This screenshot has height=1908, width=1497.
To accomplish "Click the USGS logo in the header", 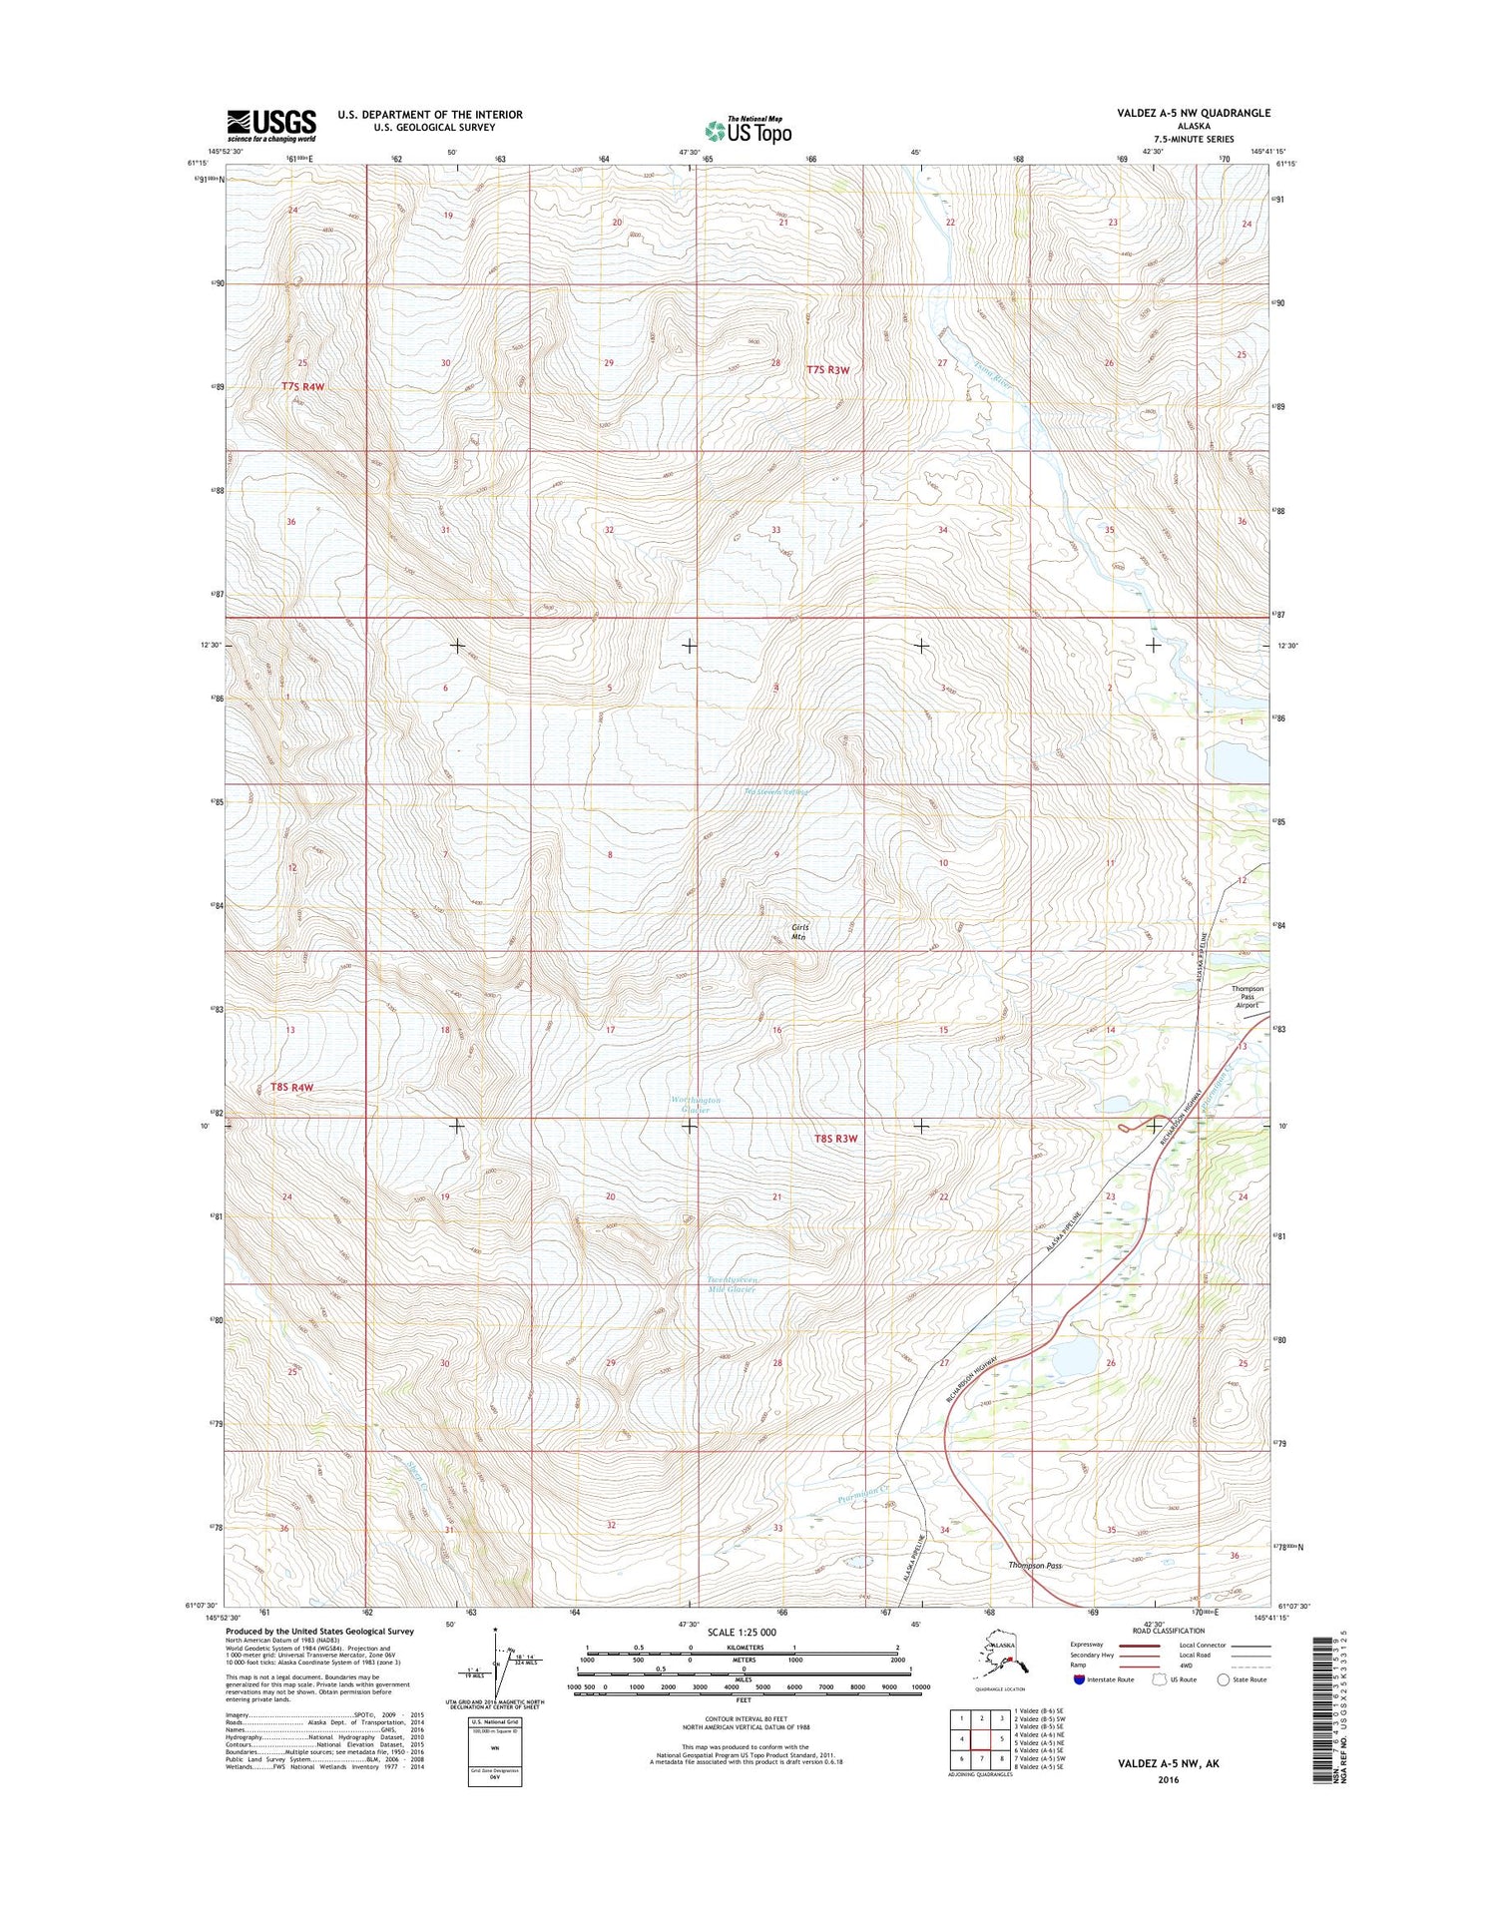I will coord(271,126).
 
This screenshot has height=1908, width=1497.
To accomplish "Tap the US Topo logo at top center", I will coord(748,129).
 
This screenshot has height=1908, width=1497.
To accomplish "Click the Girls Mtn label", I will coord(799,932).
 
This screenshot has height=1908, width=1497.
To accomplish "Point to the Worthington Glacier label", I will coord(696,1104).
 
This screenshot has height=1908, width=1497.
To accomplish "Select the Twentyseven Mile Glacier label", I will coord(732,1284).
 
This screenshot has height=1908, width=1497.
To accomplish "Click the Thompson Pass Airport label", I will coord(1248,996).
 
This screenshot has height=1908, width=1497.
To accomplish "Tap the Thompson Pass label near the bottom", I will coord(1034,1566).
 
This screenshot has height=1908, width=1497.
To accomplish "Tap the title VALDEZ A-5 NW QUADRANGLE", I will coord(1194,113).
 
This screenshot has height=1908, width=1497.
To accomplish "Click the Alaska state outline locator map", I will coord(1001,1658).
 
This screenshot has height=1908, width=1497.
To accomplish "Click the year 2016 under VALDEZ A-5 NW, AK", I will coord(1168,1779).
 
